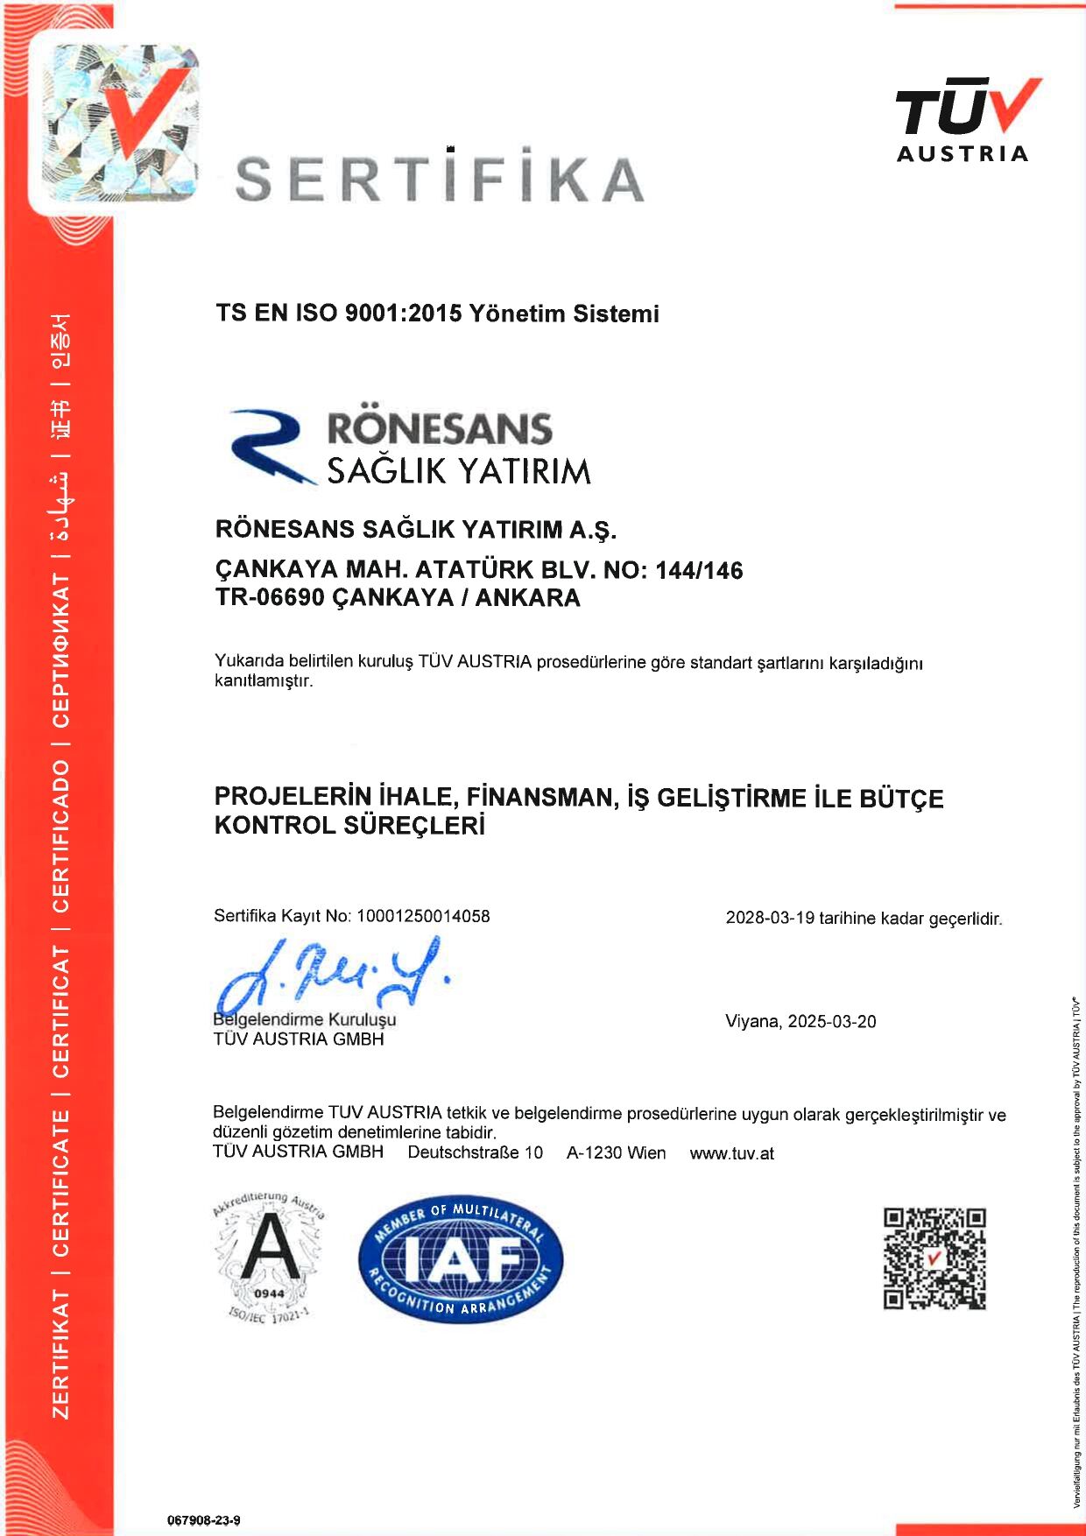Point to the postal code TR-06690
click(270, 598)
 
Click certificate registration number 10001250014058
click(423, 916)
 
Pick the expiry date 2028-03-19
click(770, 919)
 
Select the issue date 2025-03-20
click(831, 1022)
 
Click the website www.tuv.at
click(731, 1153)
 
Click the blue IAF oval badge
click(461, 1259)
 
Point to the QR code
click(934, 1258)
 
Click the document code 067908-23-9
click(204, 1520)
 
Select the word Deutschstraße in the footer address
click(465, 1153)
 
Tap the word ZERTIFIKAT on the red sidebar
click(60, 1353)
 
